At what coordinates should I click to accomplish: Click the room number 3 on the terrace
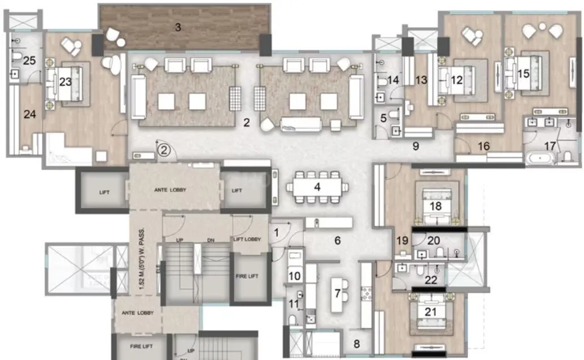click(177, 27)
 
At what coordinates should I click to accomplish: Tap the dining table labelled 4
click(317, 186)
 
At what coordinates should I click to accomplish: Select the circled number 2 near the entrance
click(163, 150)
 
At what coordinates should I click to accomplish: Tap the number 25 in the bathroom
click(29, 60)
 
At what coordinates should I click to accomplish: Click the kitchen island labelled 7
click(337, 293)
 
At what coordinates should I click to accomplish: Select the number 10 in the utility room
click(295, 276)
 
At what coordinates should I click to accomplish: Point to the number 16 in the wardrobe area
click(483, 146)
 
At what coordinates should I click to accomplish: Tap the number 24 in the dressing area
click(29, 114)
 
